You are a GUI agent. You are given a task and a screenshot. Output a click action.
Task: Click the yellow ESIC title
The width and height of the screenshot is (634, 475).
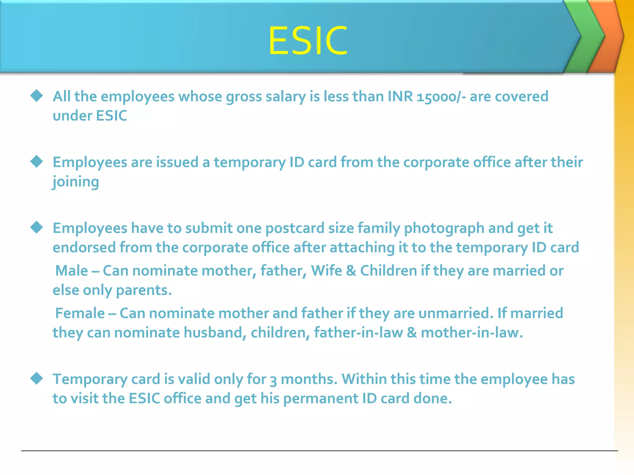[308, 41]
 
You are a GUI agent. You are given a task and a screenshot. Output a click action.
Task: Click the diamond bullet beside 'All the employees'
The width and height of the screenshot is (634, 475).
[37, 96]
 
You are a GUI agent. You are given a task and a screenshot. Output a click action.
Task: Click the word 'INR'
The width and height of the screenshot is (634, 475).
[400, 96]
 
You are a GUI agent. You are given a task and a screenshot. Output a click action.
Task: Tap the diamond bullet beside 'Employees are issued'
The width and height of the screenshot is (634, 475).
[37, 161]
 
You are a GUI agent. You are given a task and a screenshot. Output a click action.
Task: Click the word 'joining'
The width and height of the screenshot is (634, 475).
[76, 182]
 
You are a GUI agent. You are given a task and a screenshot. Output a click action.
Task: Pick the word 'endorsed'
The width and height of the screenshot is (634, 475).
[84, 247]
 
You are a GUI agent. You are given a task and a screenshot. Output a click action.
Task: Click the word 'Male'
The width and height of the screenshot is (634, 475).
[72, 271]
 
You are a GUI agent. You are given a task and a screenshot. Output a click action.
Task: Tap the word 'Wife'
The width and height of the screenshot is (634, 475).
[326, 271]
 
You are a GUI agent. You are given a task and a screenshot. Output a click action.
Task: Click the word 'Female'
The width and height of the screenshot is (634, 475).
[80, 313]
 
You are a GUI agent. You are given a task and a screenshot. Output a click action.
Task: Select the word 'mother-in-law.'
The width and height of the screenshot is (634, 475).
[472, 333]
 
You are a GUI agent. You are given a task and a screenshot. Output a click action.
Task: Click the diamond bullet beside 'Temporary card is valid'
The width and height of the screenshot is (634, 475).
[37, 379]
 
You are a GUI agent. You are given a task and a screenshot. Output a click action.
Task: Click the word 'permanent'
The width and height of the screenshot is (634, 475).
[320, 399]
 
